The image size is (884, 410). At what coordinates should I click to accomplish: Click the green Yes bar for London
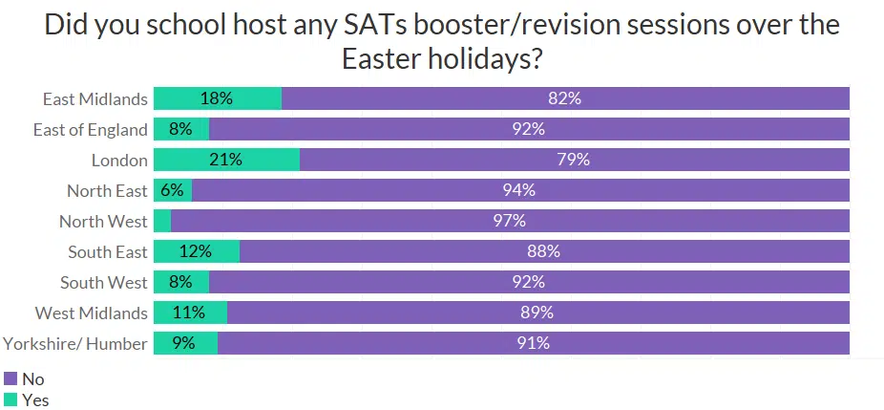point(226,160)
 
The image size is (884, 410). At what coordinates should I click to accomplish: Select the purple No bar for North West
point(510,221)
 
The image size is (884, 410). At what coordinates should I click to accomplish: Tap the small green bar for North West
point(161,221)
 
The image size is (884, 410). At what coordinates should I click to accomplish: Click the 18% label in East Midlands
point(217,98)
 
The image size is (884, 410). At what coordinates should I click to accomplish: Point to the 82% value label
point(565,98)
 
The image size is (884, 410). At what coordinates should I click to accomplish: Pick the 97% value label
point(510,221)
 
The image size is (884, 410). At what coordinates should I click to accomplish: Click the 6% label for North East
point(172,190)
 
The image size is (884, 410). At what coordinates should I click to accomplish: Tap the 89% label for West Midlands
point(537,313)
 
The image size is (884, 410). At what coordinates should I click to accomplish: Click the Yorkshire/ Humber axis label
point(75,343)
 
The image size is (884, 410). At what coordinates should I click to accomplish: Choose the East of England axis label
point(90,129)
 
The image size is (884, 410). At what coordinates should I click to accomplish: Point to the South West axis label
point(103,282)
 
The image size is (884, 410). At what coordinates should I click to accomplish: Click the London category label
point(119,160)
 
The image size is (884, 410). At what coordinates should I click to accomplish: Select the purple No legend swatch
point(11,378)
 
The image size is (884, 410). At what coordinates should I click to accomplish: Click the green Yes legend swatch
point(11,399)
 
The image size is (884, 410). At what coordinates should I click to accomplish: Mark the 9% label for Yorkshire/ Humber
point(183,343)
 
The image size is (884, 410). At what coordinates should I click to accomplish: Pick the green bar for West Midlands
point(190,313)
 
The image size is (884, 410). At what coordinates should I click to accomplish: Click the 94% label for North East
point(519,190)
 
